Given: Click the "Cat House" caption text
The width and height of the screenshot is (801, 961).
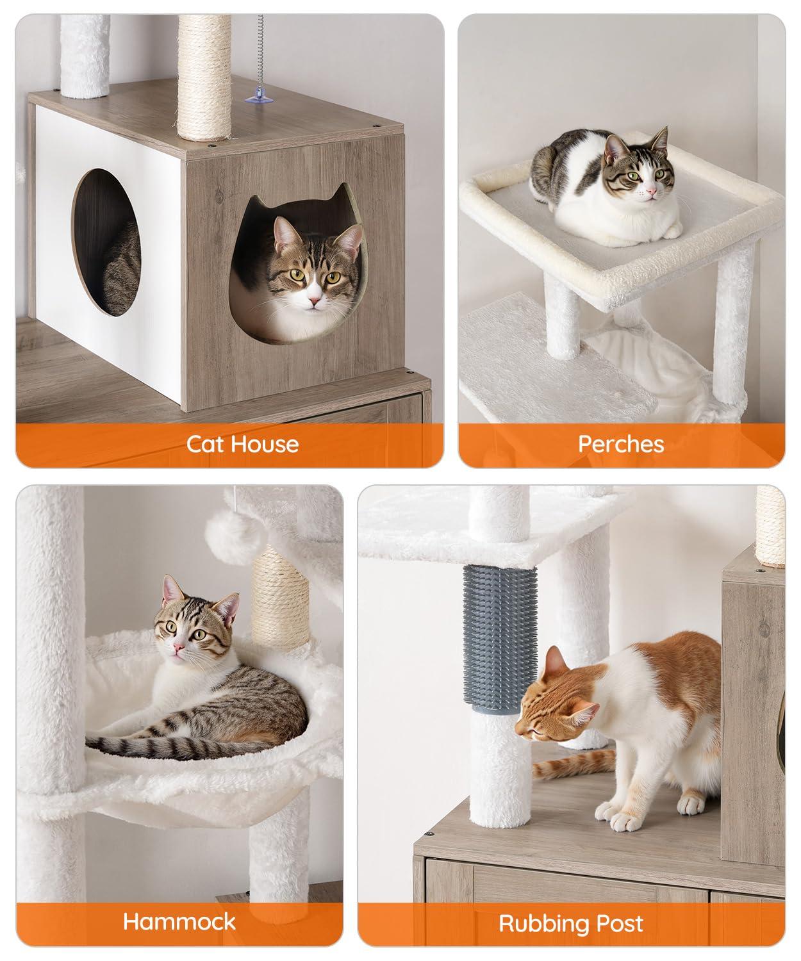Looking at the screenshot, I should click(x=242, y=444).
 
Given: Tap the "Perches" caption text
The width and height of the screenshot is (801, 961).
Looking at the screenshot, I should click(x=620, y=444).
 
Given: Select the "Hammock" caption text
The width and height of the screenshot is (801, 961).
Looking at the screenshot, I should click(x=179, y=922).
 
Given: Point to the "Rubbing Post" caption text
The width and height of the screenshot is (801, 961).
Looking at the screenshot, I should click(x=571, y=924).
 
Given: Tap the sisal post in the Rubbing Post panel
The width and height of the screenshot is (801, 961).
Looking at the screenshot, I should click(x=770, y=525).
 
